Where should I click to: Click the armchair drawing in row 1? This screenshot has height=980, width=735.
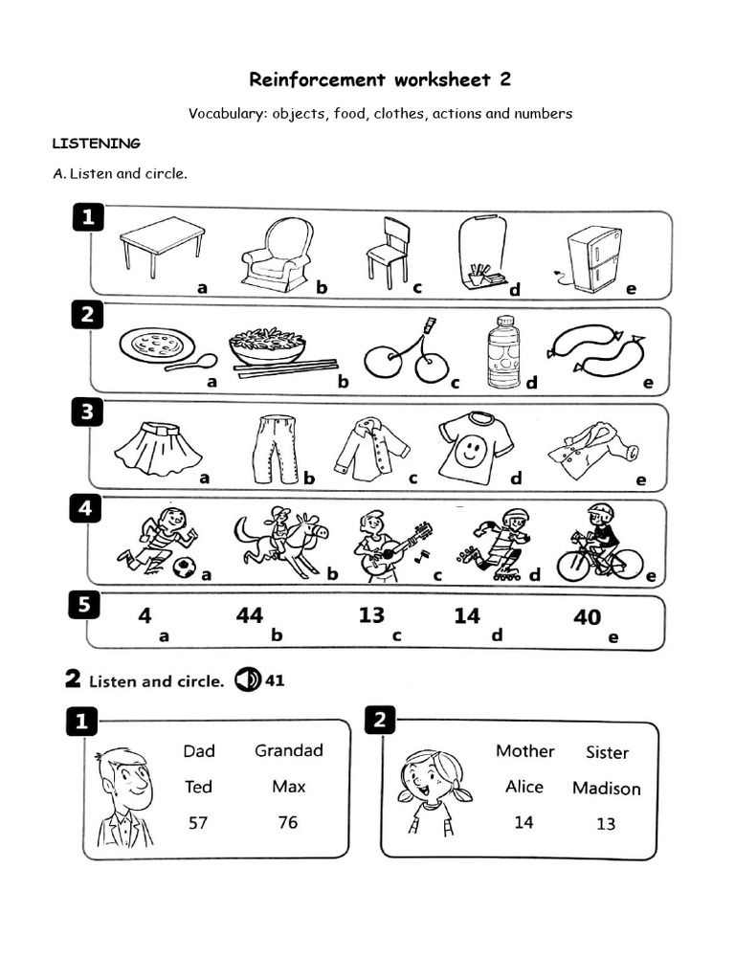[x=277, y=253]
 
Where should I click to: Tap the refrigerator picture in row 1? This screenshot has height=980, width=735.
[x=592, y=258]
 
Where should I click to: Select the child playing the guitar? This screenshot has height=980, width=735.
[x=383, y=544]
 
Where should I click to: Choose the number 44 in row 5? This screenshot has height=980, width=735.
[x=249, y=616]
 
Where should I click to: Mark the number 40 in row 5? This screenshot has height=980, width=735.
[x=587, y=617]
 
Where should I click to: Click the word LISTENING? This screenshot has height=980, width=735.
[x=96, y=144]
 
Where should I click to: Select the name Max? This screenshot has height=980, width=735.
[x=288, y=787]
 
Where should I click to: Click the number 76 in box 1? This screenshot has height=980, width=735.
[x=287, y=822]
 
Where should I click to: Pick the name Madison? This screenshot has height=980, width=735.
[x=606, y=789]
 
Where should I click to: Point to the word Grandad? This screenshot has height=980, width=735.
[x=288, y=750]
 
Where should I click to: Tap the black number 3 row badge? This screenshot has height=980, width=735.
[x=87, y=412]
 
